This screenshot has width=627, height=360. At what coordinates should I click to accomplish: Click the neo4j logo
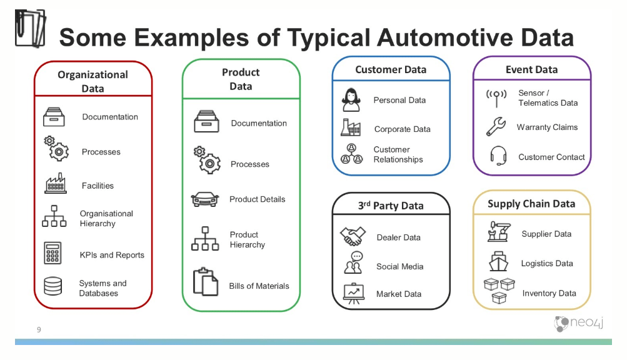(579, 322)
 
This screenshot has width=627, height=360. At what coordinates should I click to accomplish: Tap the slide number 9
(39, 329)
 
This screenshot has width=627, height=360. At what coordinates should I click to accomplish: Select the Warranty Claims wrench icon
(496, 126)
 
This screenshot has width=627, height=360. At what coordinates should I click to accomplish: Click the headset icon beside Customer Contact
(498, 156)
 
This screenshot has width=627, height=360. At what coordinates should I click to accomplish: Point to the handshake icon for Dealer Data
(353, 236)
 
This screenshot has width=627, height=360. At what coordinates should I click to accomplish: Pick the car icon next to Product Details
(205, 199)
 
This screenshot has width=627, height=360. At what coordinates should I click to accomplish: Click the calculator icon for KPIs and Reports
(53, 253)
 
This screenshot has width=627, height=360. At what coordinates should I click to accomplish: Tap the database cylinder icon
(53, 286)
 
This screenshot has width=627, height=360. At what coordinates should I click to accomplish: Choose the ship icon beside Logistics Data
(498, 262)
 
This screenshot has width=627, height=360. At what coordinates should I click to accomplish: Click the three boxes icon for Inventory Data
(499, 291)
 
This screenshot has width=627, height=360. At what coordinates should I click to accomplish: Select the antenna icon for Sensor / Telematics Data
(496, 98)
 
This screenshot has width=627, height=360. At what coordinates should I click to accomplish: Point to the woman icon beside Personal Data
(351, 99)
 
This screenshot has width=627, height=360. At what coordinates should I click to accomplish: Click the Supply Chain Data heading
(531, 204)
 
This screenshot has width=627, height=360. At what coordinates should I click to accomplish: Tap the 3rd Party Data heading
(391, 206)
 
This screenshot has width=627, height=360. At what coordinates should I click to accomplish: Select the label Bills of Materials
(259, 286)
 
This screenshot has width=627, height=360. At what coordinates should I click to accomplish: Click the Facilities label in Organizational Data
(98, 186)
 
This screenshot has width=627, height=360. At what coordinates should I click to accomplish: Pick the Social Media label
(400, 266)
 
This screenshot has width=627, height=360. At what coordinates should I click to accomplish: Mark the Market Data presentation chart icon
(353, 294)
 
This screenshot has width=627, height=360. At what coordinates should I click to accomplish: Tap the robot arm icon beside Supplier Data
(499, 232)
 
